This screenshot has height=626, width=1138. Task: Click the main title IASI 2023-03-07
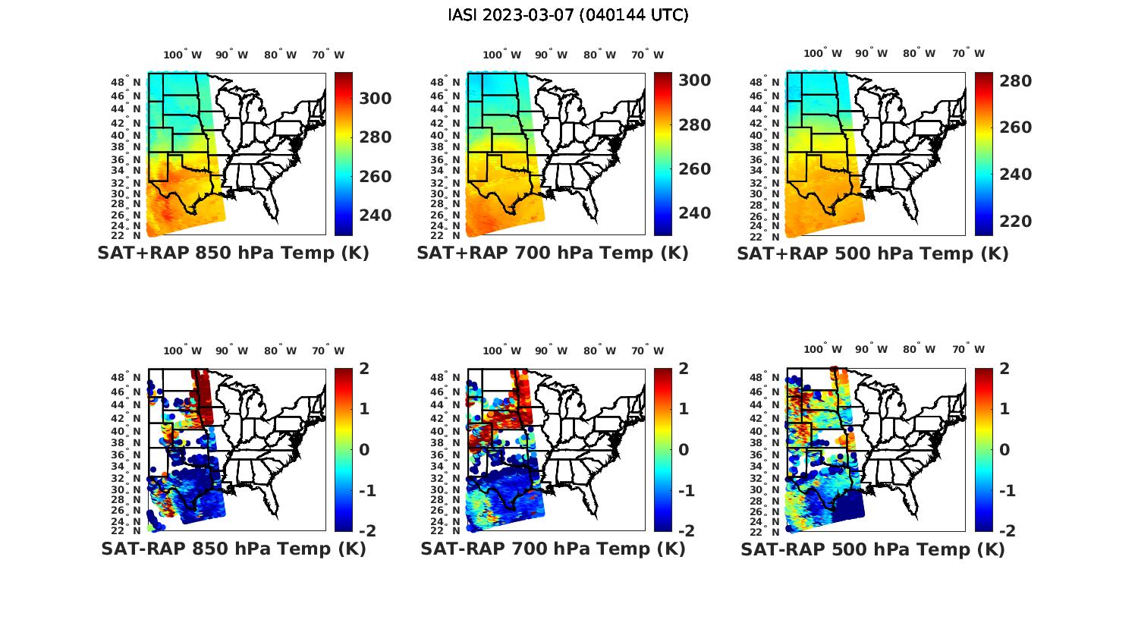[568, 15]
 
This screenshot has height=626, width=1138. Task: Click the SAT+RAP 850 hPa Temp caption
[233, 253]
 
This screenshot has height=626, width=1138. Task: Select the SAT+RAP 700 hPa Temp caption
[552, 253]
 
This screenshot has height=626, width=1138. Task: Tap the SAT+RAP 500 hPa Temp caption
[872, 253]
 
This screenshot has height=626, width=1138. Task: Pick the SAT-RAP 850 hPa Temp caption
[233, 549]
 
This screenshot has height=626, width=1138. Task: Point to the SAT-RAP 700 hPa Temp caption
[552, 549]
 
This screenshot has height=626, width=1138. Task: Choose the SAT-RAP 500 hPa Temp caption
[872, 549]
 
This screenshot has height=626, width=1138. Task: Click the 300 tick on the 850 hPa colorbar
[375, 99]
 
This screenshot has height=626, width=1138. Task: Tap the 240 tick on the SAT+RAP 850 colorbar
[375, 215]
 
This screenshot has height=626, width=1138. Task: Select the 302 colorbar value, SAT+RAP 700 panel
[694, 80]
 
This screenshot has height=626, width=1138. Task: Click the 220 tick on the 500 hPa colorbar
[1015, 222]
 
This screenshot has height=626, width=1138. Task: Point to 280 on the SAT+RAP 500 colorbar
[1015, 81]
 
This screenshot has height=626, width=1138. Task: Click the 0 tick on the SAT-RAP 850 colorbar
[364, 450]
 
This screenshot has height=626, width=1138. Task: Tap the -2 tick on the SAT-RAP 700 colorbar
[686, 530]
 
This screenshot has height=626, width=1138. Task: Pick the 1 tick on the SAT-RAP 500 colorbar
[1005, 409]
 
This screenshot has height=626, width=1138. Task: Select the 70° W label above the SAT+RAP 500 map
[968, 53]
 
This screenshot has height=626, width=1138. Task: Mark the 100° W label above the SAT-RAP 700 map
[501, 351]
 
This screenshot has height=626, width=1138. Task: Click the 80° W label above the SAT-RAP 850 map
[281, 351]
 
